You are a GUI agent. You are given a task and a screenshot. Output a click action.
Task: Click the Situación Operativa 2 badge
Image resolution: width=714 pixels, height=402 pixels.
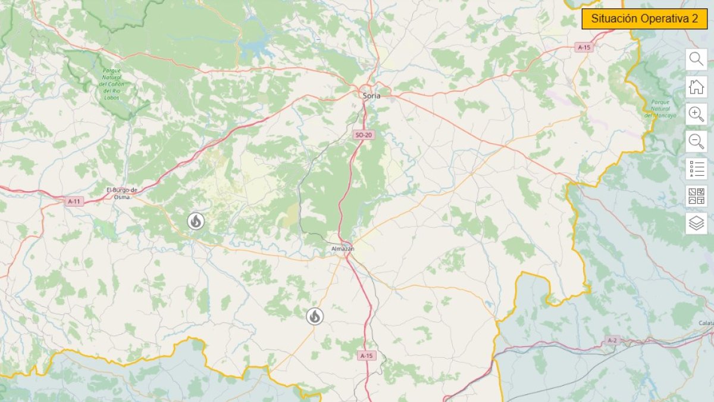pos(644,19)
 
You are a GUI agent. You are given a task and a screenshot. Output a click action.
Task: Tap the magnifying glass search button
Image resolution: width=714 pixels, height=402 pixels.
pos(696,60)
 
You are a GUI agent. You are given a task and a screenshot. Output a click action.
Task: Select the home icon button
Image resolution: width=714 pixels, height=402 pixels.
pos(696,87)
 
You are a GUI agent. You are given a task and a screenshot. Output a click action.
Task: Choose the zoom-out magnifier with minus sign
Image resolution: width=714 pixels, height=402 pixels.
pos(696,142)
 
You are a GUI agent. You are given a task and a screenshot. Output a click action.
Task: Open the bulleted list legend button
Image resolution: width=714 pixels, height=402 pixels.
pos(696,169)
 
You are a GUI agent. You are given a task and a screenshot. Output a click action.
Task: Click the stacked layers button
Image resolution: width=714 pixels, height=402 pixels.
pos(696,223)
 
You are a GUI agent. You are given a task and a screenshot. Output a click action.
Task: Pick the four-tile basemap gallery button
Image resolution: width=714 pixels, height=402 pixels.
pos(696,196)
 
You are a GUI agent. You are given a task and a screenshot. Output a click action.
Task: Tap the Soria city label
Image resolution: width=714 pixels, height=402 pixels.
pos(371,95)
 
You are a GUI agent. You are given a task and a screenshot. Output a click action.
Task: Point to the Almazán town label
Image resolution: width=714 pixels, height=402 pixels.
pos(343,248)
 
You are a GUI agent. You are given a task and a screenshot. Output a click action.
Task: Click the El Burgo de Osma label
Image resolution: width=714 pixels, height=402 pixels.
pos(122,193)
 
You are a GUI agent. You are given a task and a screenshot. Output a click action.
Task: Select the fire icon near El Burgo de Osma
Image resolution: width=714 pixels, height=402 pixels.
pos(195,222)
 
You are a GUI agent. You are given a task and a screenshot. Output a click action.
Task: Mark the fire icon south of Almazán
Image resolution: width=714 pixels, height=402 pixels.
pos(315,316)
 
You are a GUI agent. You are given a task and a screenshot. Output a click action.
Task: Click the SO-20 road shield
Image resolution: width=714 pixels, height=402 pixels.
pos(363,135)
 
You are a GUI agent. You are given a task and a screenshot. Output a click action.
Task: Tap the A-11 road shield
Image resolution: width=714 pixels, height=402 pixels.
pos(74,202)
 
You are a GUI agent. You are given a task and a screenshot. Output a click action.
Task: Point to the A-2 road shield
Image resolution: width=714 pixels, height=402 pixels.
pos(612,341)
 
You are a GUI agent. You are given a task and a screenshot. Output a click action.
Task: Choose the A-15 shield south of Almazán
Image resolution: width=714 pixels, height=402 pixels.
pos(367,356)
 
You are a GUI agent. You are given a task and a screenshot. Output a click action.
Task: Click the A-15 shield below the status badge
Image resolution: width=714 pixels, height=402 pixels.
pos(585,47)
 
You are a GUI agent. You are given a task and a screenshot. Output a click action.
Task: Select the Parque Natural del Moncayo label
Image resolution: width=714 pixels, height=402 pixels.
pos(660,108)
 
